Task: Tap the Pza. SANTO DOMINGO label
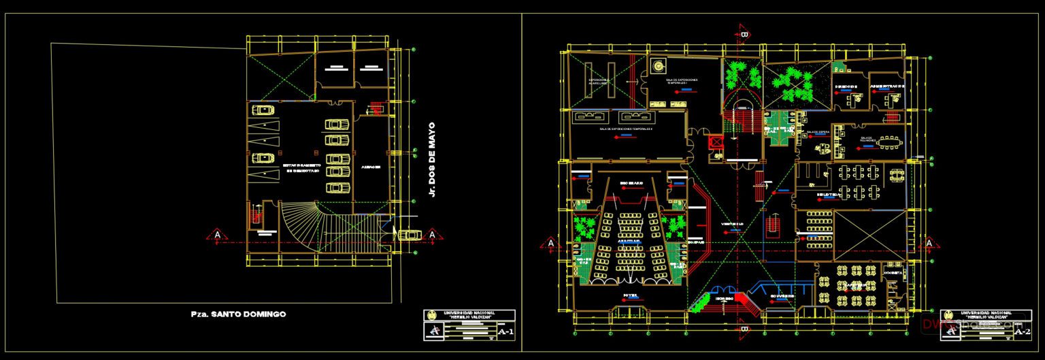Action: (x=238, y=314)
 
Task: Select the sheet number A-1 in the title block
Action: (x=505, y=332)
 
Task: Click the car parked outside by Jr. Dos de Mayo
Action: (x=409, y=235)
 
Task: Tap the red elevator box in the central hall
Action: (x=714, y=142)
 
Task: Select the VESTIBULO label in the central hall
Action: (x=733, y=223)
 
